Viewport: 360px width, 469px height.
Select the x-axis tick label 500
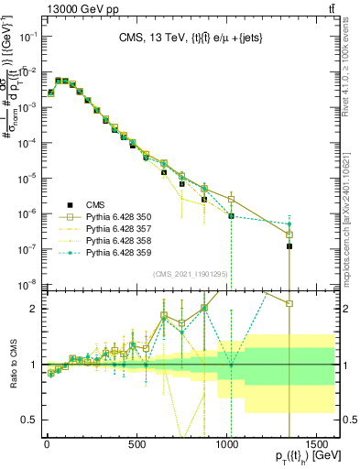pos(137,444)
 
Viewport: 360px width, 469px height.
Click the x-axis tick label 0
pos(47,444)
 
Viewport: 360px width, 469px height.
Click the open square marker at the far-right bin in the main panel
pos(289,234)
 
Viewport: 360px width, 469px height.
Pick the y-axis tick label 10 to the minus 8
pos(29,283)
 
